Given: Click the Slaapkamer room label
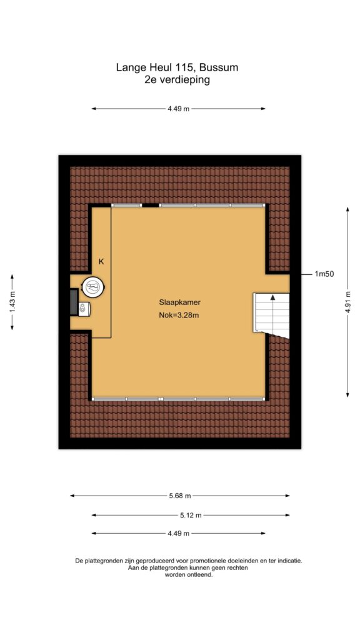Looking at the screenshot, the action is click(x=179, y=303).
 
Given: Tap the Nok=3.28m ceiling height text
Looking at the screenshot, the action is click(x=179, y=315).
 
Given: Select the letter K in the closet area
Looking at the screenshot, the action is click(x=101, y=262).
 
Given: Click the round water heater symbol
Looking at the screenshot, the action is click(x=94, y=286).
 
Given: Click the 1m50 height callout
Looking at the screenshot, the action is click(x=324, y=274).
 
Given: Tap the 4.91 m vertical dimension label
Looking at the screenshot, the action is click(x=347, y=301).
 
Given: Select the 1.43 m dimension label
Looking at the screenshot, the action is click(x=12, y=302).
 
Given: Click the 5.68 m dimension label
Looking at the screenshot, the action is click(x=180, y=496).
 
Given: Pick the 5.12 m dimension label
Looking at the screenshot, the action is click(x=191, y=515).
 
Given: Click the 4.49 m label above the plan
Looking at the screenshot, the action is click(x=178, y=109).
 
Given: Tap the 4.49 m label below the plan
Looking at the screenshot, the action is click(x=178, y=533).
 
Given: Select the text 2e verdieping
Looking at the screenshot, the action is click(x=177, y=79).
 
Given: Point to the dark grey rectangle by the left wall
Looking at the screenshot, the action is click(x=74, y=302).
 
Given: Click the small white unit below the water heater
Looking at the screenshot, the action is click(x=84, y=309).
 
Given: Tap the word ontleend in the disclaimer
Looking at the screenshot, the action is click(x=200, y=575).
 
